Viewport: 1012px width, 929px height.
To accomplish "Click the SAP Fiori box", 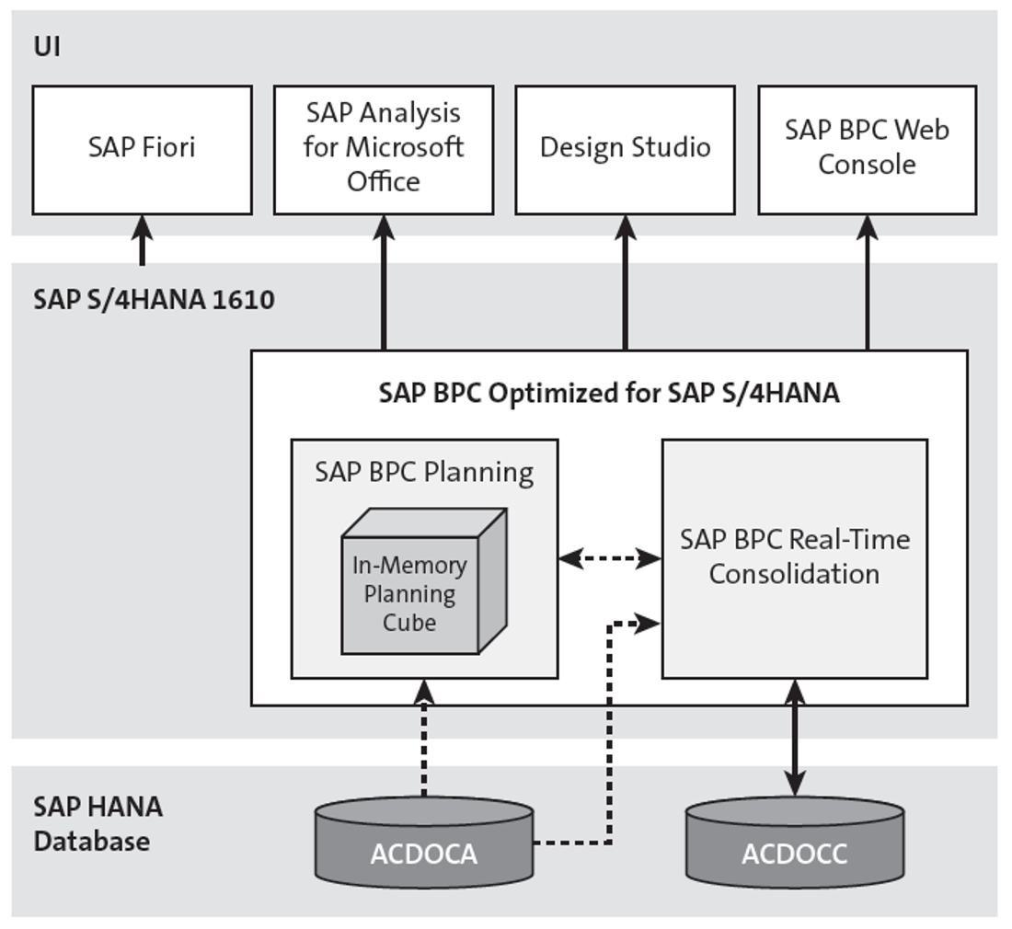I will (142, 149).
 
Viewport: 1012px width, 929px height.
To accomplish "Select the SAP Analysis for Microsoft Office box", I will (384, 149).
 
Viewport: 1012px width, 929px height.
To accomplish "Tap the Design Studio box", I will (625, 149).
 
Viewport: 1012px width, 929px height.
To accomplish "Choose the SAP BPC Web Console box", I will (867, 149).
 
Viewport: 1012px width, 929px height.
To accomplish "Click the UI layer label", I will (47, 47).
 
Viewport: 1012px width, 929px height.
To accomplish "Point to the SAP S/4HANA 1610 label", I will (154, 301).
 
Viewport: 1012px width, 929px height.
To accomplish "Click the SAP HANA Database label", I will (98, 823).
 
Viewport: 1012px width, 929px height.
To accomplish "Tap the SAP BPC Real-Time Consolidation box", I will (794, 557).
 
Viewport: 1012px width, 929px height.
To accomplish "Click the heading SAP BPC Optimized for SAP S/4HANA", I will (608, 394).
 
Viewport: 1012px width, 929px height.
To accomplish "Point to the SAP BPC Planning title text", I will (424, 473).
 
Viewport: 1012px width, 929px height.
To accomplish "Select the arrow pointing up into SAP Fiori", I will (142, 239).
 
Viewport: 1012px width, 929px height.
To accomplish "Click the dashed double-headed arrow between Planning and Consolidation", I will (610, 558).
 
